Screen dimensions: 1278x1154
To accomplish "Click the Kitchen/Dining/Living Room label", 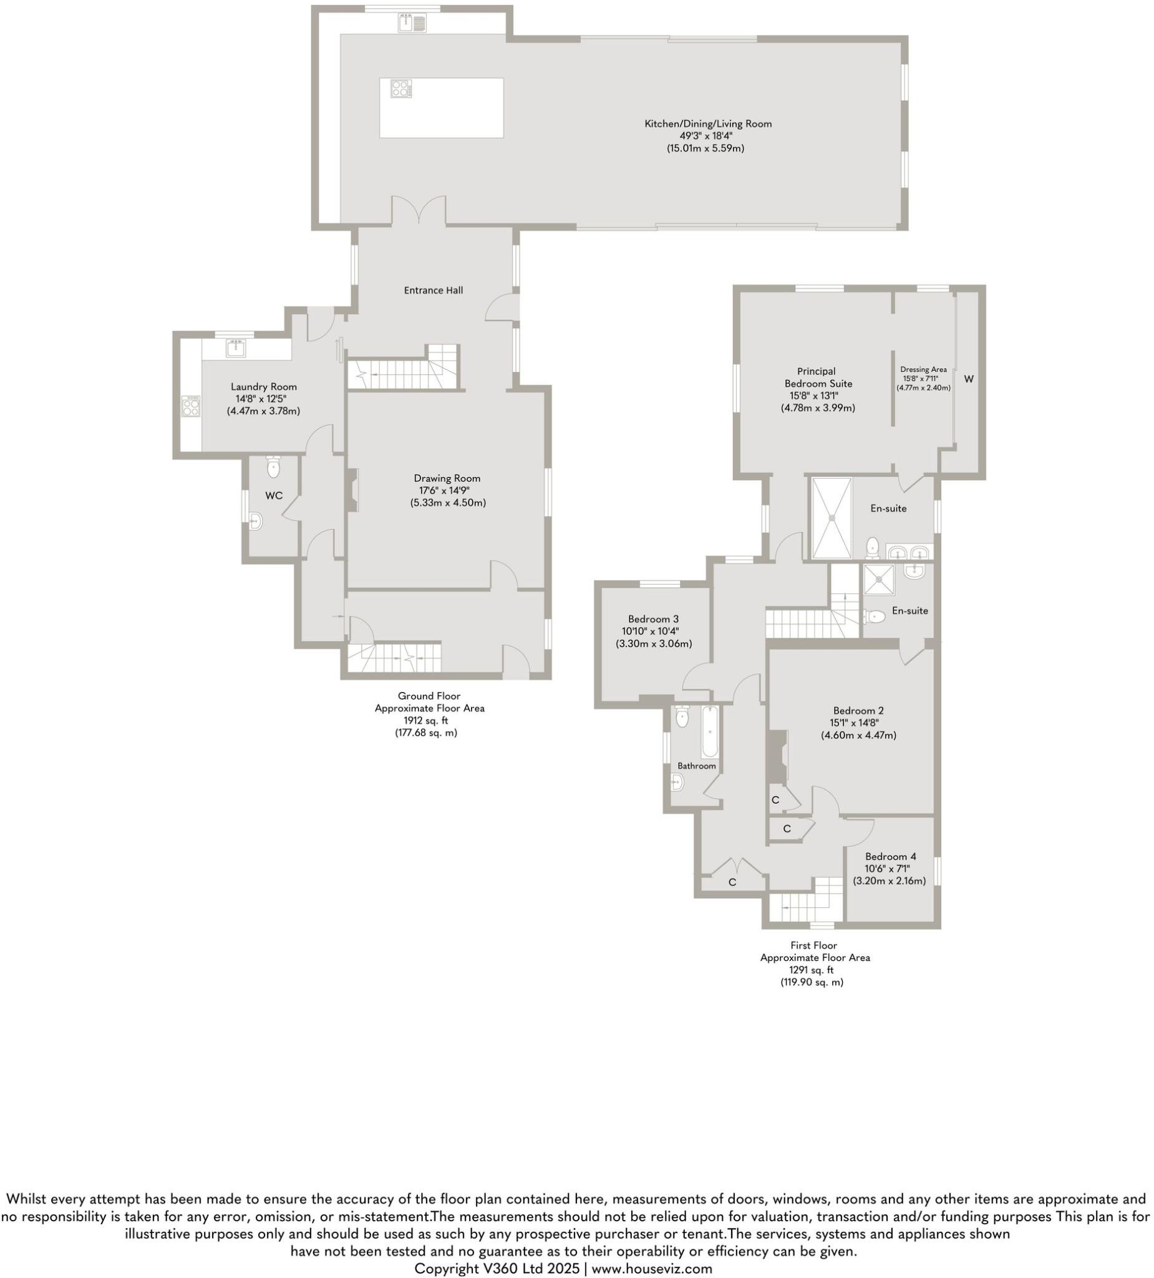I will point(707,124).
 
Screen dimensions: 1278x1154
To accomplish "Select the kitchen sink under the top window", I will point(412,24).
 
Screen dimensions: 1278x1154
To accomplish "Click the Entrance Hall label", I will point(433,290).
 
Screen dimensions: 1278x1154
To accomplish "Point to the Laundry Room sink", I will point(236,348).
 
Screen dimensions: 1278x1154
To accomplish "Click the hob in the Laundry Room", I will point(190,406).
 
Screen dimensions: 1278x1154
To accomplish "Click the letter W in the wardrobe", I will point(967,379).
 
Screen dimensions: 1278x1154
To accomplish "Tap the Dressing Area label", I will point(923,369).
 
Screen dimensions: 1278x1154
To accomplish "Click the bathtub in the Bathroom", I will point(709,731).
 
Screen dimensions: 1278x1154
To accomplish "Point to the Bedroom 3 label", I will point(652,618).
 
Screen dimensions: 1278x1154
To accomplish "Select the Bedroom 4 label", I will point(890,856).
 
